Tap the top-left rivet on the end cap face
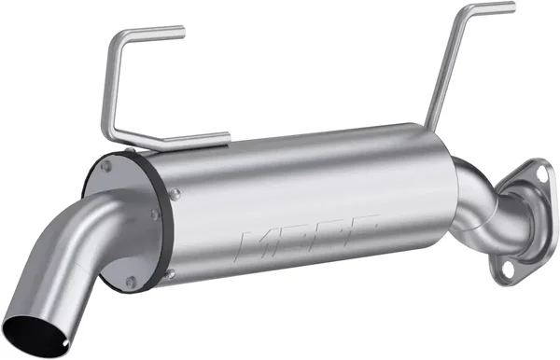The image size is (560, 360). click(x=106, y=167)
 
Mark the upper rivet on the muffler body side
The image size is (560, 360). click(x=173, y=193)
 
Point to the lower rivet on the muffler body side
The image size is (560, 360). click(x=171, y=273)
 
